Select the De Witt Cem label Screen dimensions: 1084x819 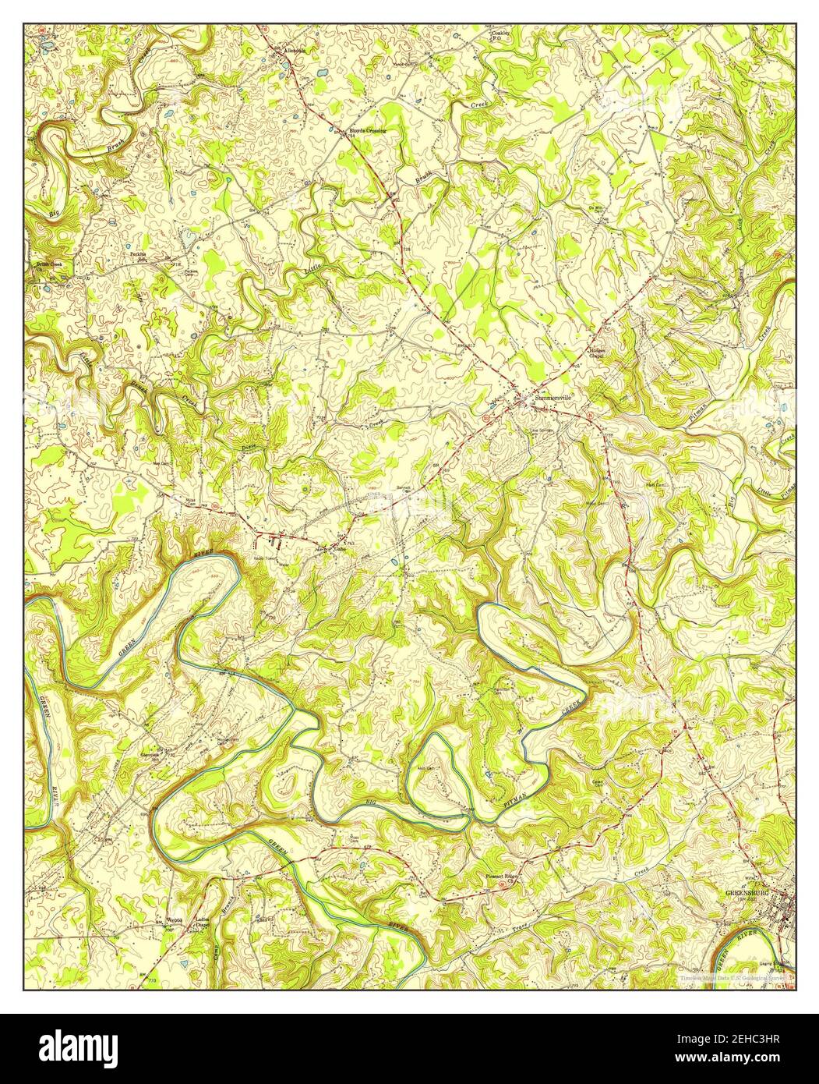click(598, 211)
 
